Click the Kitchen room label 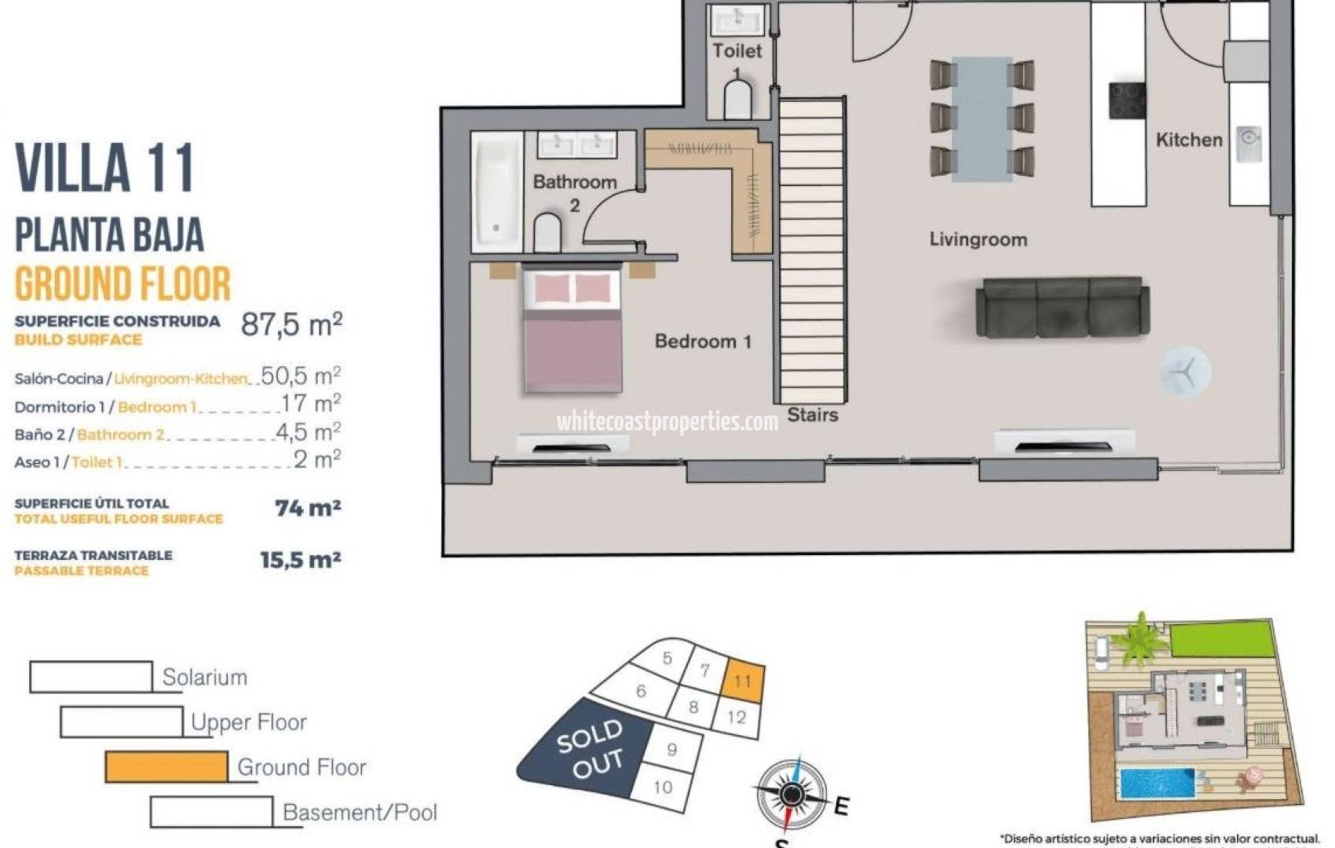[x=1188, y=140]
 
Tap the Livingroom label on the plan [x=978, y=239]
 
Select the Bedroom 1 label [x=703, y=342]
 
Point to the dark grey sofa [x=1063, y=308]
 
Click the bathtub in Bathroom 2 [x=496, y=192]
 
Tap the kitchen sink [x=1249, y=143]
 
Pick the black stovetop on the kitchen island [x=1127, y=101]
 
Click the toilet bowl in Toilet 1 [x=737, y=101]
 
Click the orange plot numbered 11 [x=743, y=680]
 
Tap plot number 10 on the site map [x=663, y=787]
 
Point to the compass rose [x=792, y=795]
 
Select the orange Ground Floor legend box [x=166, y=766]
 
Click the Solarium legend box [x=91, y=677]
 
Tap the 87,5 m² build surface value [x=291, y=323]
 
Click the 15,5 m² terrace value [x=300, y=560]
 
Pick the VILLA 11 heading [x=104, y=168]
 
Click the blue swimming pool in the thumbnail [x=1157, y=783]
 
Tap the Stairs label [x=813, y=415]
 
